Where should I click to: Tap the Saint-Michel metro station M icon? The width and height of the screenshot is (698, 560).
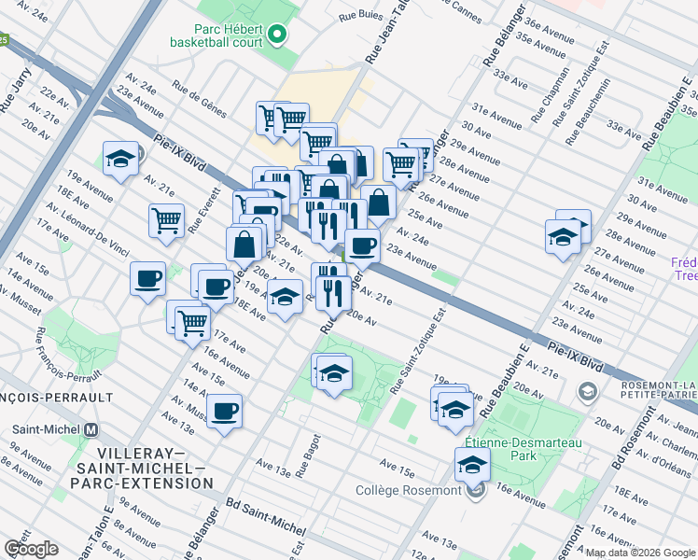91,430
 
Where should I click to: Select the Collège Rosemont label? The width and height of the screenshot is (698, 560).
408,491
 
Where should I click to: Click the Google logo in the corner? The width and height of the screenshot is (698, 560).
31,548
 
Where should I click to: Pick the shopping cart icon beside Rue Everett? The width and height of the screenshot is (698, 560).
166,221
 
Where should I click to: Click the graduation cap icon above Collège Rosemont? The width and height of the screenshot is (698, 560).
473,463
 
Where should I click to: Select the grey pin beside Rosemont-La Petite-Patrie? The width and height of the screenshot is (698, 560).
586,392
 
